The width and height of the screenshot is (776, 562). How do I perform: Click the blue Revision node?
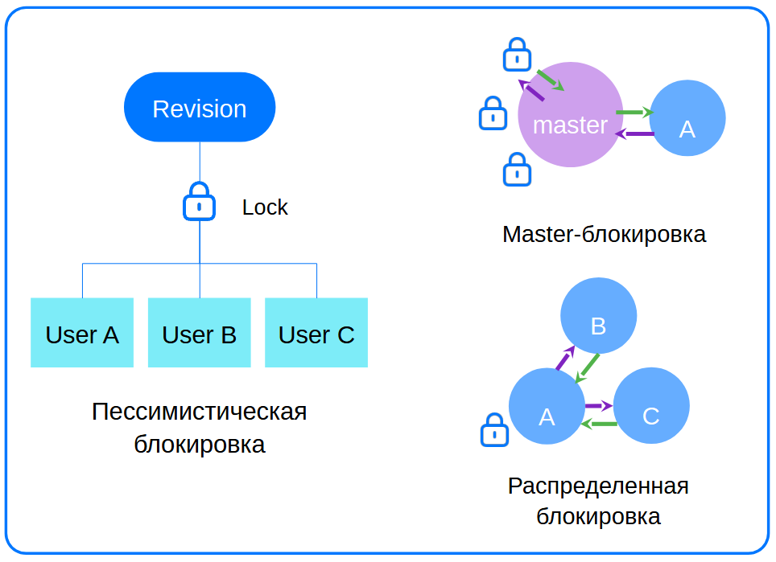click(200, 108)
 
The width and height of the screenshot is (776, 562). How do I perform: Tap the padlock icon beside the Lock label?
click(199, 202)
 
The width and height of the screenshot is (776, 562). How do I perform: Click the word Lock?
click(265, 207)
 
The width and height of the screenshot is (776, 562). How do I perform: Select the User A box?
click(82, 333)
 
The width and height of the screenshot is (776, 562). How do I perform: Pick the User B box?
click(200, 333)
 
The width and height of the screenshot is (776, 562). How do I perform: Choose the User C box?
click(316, 333)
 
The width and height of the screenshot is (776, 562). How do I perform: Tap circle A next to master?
click(687, 118)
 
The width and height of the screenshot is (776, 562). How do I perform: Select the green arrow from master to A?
click(634, 113)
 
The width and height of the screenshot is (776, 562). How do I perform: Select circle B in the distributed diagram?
click(598, 316)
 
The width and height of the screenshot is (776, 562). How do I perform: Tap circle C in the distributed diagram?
click(651, 407)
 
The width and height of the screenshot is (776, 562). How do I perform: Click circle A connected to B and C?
click(547, 407)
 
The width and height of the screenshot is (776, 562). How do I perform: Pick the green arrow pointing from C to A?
click(599, 424)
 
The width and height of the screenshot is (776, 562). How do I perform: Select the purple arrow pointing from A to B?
click(564, 359)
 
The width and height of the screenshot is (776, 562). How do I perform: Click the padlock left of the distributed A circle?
click(493, 430)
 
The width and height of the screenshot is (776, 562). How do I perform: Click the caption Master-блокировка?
click(604, 235)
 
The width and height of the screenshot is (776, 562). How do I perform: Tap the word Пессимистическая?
click(199, 412)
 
